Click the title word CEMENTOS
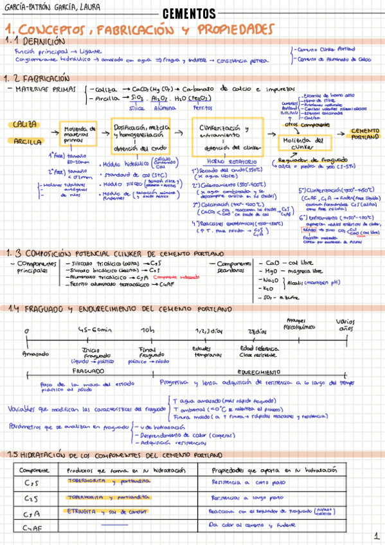tap(189, 13)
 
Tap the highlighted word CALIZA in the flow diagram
tap(24, 124)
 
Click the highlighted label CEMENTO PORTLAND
tap(364, 133)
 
